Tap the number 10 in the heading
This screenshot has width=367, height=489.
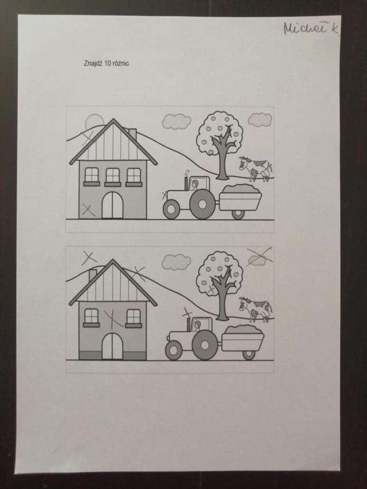108,63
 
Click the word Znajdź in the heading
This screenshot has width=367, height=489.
93,64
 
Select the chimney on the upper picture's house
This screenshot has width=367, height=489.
132,133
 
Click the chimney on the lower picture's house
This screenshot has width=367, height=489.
93,274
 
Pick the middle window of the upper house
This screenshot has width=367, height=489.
113,177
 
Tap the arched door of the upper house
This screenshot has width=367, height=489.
113,205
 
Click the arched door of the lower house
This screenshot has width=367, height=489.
113,346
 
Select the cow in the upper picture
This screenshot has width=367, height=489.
255,169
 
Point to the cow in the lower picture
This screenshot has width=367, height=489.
255,309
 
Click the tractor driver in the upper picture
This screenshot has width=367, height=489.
194,185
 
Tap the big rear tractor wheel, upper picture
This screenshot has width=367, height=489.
202,204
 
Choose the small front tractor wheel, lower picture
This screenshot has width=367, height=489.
174,350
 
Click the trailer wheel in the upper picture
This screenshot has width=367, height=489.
238,214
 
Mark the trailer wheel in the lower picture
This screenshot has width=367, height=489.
249,354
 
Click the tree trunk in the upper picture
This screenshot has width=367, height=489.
223,156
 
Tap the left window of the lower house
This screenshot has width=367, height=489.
91,318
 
